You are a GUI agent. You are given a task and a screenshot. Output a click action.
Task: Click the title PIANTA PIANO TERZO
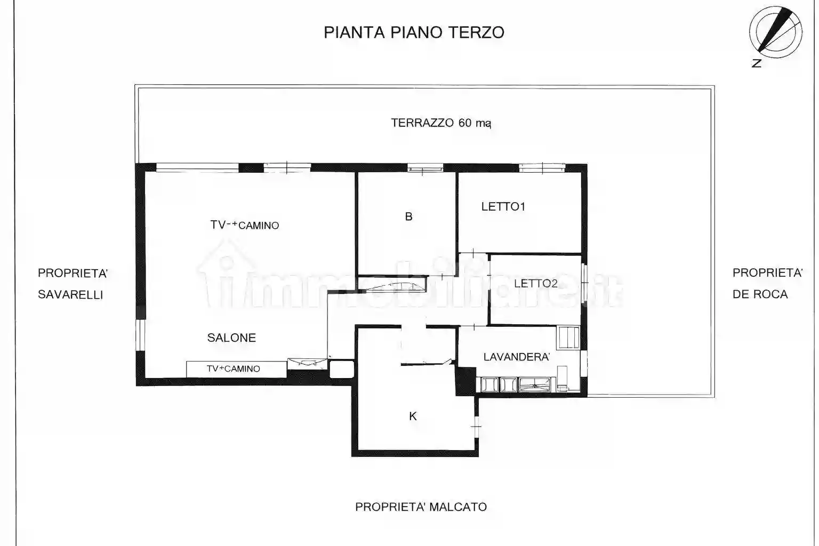(x=414, y=33)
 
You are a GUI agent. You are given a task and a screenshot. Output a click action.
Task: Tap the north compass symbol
(x=775, y=33)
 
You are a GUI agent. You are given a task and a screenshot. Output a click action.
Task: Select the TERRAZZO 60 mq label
(x=440, y=123)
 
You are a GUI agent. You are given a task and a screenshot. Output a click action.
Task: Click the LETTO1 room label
(x=503, y=207)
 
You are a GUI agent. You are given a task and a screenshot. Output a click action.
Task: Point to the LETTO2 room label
(x=535, y=284)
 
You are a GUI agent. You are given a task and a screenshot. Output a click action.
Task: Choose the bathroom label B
(x=408, y=216)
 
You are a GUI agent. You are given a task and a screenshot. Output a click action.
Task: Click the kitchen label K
(x=413, y=416)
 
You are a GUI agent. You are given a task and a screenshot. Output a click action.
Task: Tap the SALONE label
(x=231, y=338)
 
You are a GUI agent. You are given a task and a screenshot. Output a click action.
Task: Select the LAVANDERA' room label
(x=516, y=357)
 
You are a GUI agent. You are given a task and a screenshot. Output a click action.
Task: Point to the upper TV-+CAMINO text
(x=245, y=225)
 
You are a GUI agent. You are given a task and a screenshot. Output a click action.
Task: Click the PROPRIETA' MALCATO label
(x=421, y=507)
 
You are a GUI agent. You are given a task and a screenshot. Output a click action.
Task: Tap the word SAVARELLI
(x=70, y=294)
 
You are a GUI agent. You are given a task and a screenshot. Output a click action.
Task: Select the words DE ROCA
(x=760, y=294)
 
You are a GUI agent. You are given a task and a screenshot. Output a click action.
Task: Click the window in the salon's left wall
(x=140, y=334)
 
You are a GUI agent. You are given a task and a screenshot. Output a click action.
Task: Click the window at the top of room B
(x=425, y=168)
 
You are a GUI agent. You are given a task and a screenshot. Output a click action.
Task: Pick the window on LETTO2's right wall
(x=583, y=279)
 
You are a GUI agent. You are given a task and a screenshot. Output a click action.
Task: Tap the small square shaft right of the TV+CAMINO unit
(x=341, y=369)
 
